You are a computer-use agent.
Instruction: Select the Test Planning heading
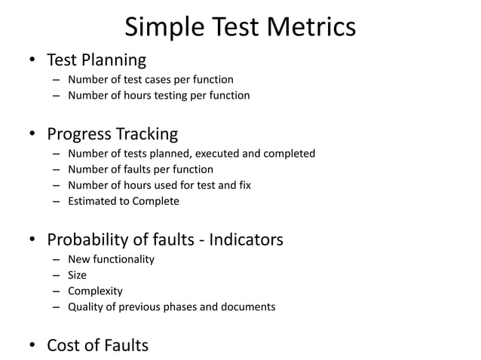coord(97,59)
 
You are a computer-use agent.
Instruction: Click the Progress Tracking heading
coord(112,135)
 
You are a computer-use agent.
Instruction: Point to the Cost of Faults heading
coord(98,346)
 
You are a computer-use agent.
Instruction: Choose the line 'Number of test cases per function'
coord(150,79)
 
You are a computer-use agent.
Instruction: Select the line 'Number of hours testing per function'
coord(158,96)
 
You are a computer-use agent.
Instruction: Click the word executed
coord(210,154)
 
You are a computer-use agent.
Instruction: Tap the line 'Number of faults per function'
coord(140,169)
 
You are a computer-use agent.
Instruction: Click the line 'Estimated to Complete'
coord(124,201)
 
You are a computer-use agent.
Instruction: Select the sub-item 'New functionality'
coord(111,259)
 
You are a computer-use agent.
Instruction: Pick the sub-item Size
coord(77,275)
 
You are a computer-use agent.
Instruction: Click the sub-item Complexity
coord(95,291)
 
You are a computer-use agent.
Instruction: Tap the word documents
coord(250,307)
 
